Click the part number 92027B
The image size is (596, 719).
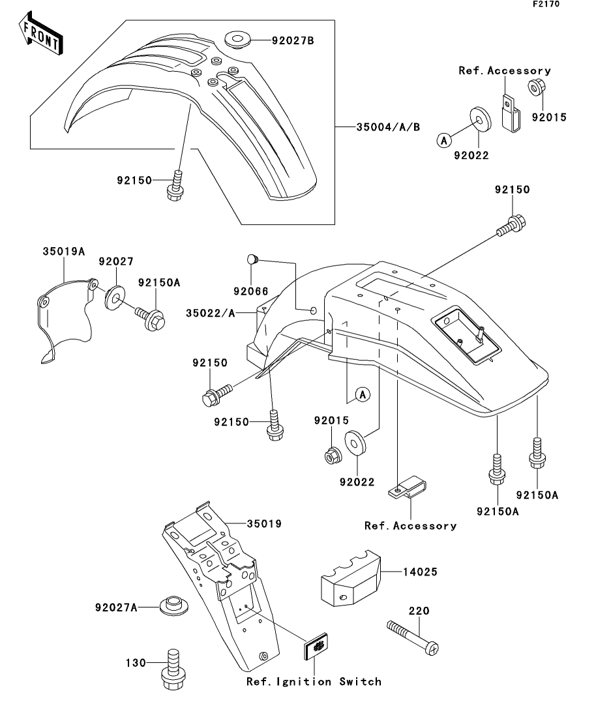point(293,40)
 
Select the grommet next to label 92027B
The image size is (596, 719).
point(238,39)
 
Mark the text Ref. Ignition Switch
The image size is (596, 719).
point(314,682)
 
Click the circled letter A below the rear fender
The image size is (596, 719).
point(363,394)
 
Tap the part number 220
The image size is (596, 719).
point(417,611)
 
